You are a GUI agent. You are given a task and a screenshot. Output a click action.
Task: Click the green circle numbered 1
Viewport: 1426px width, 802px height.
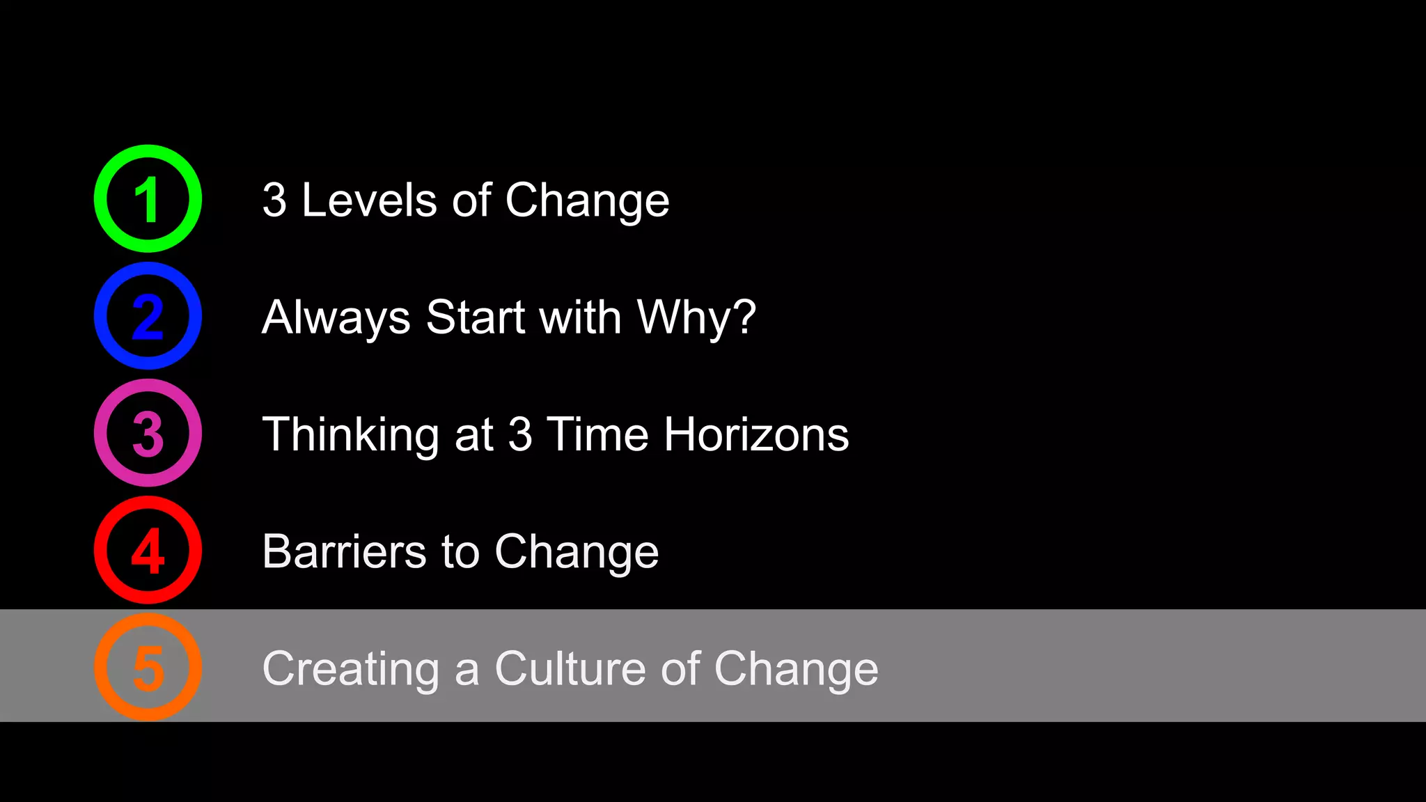click(x=148, y=199)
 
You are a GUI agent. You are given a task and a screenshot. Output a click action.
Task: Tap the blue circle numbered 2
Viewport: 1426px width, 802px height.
click(x=148, y=316)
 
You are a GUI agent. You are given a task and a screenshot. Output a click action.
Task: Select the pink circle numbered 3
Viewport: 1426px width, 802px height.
click(x=148, y=433)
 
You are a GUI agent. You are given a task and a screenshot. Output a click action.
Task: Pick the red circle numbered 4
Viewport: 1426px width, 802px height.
click(x=148, y=550)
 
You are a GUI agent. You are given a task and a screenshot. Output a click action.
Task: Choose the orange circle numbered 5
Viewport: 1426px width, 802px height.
click(x=148, y=667)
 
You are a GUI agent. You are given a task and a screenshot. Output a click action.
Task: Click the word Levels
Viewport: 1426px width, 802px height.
click(x=368, y=200)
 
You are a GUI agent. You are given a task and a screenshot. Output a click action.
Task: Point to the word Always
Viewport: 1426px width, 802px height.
click(x=336, y=317)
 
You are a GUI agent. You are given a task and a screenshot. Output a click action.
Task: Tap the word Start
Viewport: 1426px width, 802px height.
click(x=476, y=317)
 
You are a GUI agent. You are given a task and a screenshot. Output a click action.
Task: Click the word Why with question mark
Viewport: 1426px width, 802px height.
click(x=696, y=317)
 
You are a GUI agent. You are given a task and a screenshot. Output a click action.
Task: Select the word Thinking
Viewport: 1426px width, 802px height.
click(x=350, y=435)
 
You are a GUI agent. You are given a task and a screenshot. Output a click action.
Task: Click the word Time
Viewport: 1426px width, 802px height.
click(x=597, y=434)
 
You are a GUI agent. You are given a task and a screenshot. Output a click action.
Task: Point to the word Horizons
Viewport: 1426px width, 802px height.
click(x=756, y=434)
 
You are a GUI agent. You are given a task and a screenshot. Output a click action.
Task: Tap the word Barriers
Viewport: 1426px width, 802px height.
click(x=343, y=551)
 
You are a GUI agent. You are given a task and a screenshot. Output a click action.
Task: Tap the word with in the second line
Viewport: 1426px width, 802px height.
click(x=580, y=317)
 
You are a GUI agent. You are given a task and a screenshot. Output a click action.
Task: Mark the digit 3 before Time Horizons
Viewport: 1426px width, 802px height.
click(x=520, y=434)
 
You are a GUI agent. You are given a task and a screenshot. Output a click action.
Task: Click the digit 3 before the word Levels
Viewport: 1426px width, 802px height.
click(x=274, y=200)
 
